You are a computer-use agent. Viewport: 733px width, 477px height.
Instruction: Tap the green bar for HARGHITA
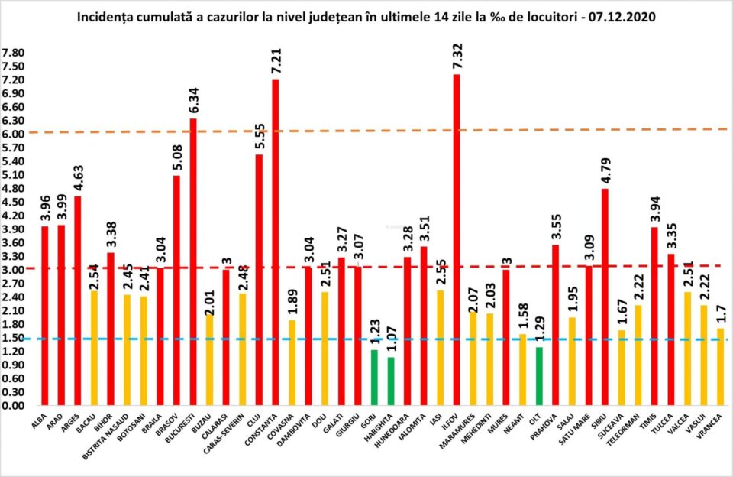click(x=391, y=381)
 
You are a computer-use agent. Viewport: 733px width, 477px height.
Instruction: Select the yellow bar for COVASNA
click(x=291, y=362)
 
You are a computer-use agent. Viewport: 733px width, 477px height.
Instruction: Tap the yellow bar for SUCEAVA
click(x=622, y=367)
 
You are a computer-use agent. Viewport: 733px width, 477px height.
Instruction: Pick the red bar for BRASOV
click(x=176, y=290)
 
